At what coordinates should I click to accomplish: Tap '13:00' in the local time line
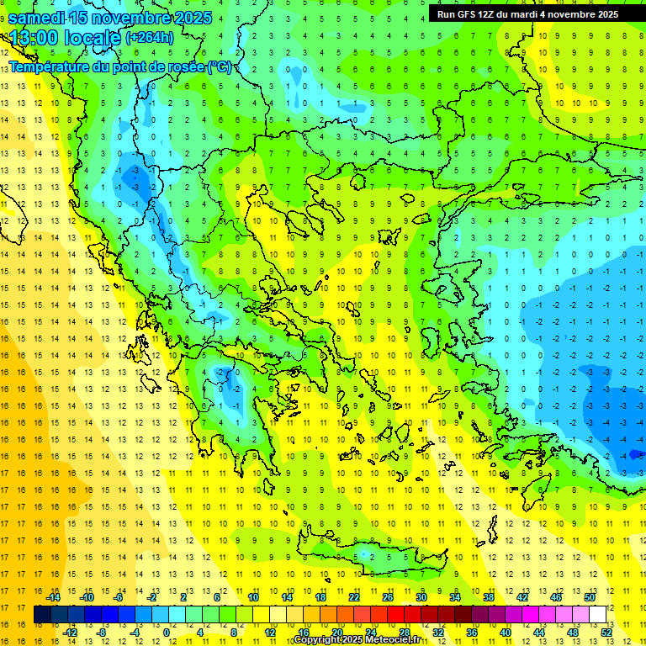point(34,38)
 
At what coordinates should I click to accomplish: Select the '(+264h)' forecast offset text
point(150,37)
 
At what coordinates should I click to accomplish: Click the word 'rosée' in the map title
point(180,66)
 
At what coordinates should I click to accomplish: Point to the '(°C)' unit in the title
point(219,66)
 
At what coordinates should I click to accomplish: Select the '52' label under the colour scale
point(607,632)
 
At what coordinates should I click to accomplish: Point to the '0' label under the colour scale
point(167,632)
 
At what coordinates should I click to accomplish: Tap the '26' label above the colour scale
point(388,597)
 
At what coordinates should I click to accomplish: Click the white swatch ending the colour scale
point(597,615)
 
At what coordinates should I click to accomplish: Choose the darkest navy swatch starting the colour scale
point(42,615)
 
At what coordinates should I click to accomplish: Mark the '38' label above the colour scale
point(488,597)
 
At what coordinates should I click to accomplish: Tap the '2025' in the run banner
point(605,13)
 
